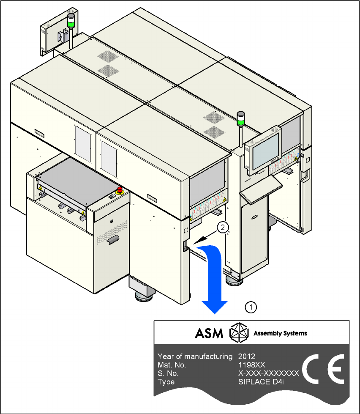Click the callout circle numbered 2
(223, 228)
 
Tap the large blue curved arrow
(215, 279)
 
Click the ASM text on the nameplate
(209, 333)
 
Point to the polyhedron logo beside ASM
(239, 333)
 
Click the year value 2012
(247, 356)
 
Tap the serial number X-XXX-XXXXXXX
(269, 373)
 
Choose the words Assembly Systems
(280, 333)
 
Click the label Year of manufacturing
(195, 356)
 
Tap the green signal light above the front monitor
(241, 122)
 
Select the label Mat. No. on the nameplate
(172, 365)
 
